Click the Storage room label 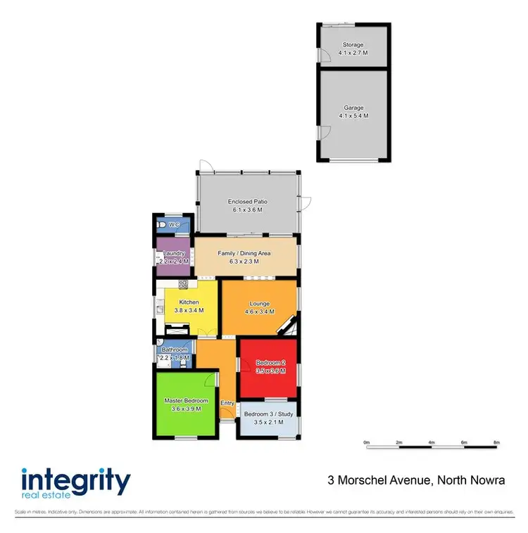[x=353, y=45]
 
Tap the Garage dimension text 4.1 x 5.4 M [x=353, y=116]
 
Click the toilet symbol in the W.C [x=163, y=224]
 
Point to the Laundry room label [x=173, y=253]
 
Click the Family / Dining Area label [x=244, y=253]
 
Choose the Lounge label [x=259, y=304]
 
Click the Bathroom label [x=175, y=349]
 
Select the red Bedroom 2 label [x=270, y=362]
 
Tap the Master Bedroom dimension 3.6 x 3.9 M [x=185, y=409]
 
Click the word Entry [x=227, y=403]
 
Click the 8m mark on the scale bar [x=496, y=442]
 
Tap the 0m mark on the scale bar [x=367, y=442]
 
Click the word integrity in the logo [x=75, y=482]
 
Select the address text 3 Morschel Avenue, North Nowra [x=417, y=481]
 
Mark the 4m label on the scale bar [x=432, y=442]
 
